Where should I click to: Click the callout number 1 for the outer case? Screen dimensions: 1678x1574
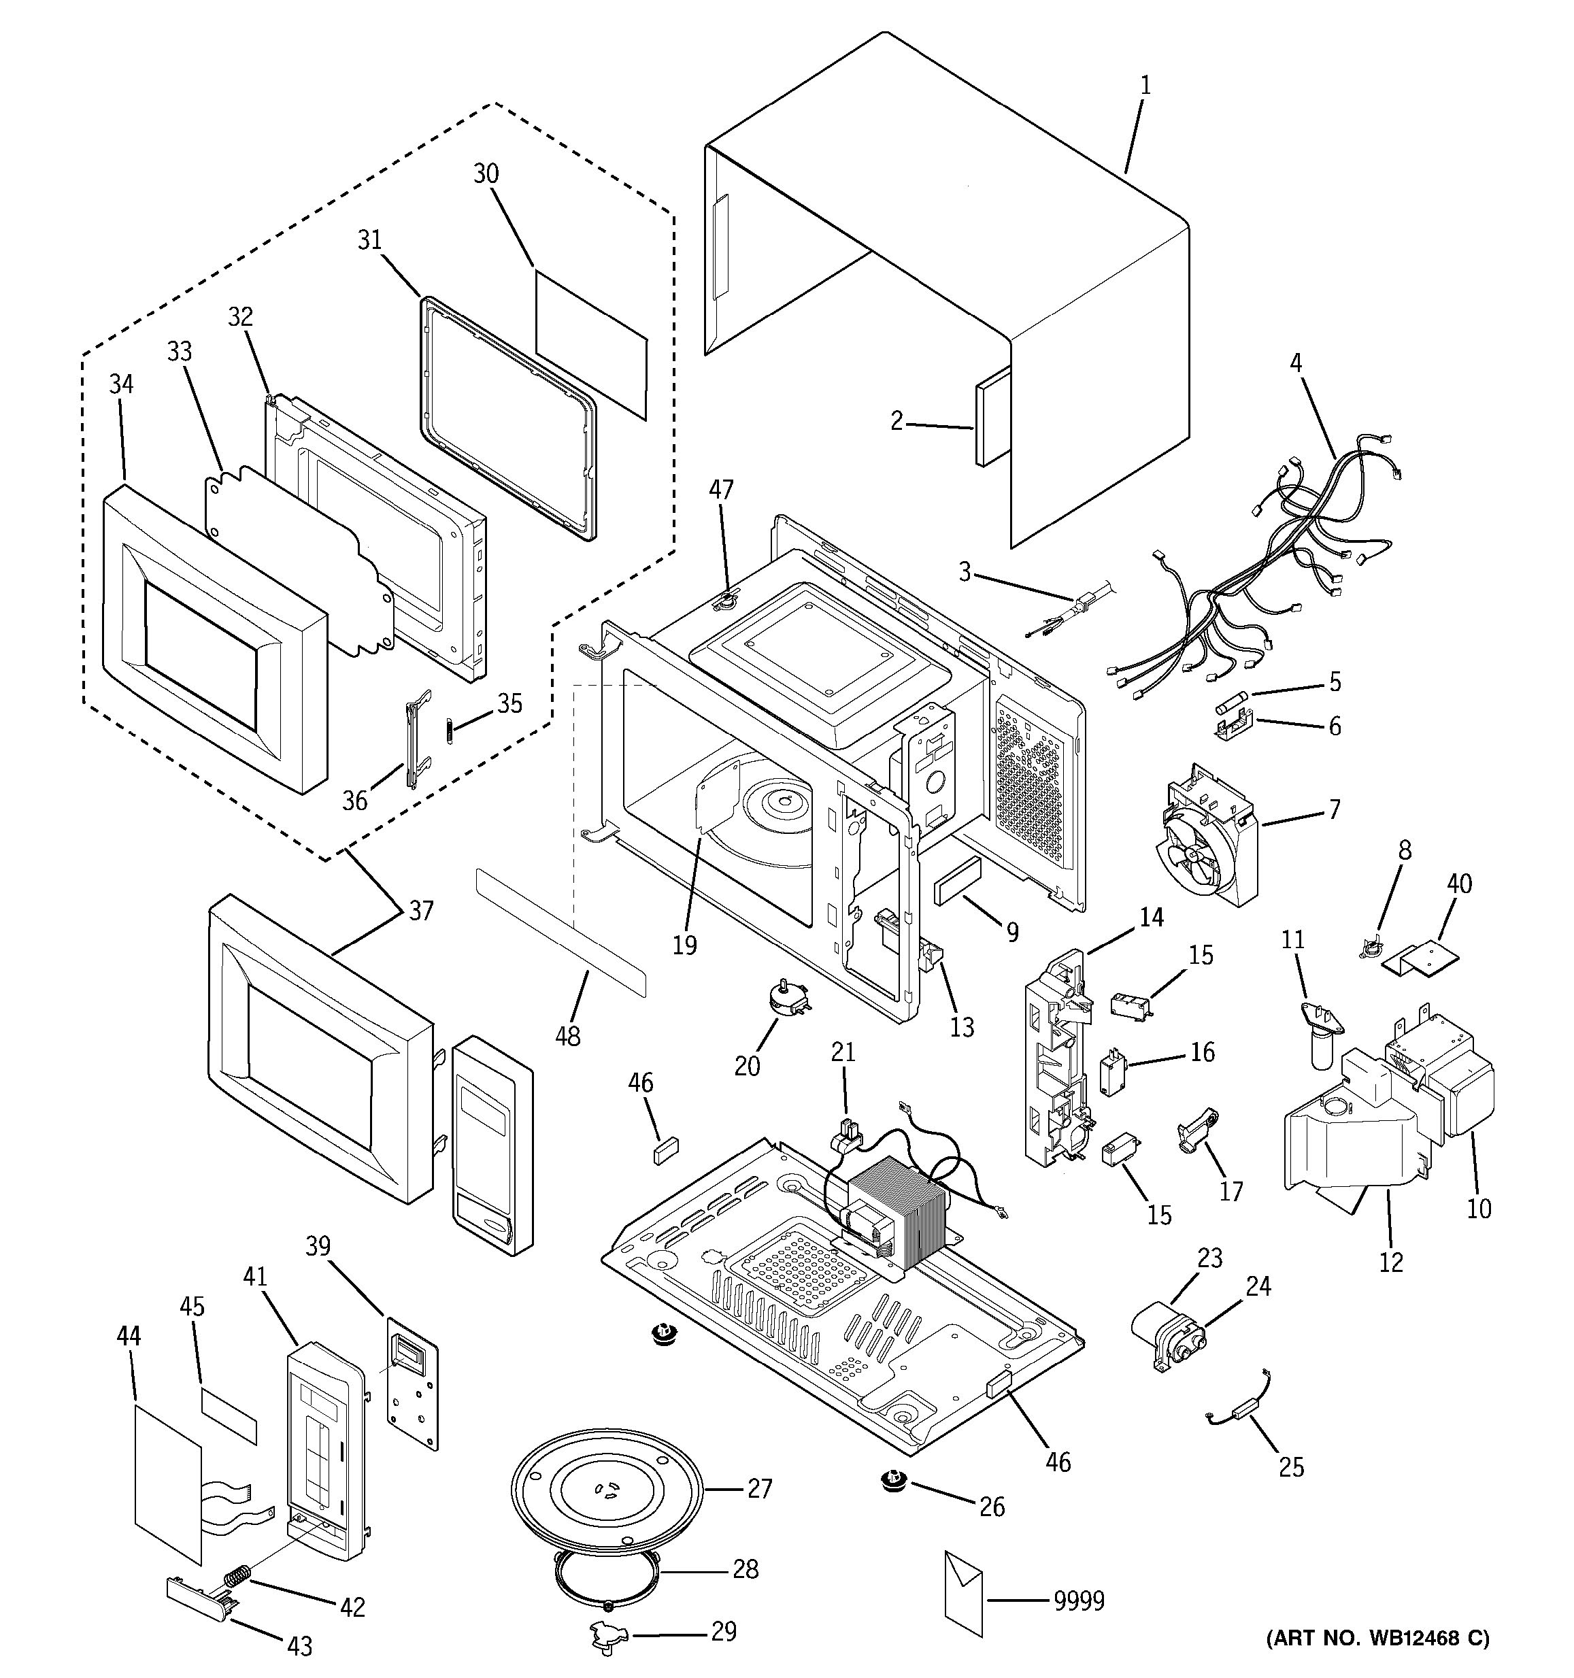click(x=1145, y=85)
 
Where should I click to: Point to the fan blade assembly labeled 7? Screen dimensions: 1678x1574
click(x=1196, y=852)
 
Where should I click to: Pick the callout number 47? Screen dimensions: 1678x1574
click(x=722, y=489)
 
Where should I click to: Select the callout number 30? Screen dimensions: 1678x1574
click(x=486, y=174)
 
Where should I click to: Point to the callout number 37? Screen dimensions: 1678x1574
click(x=421, y=911)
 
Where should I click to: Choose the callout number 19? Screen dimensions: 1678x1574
click(x=684, y=945)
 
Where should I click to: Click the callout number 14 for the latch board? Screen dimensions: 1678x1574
click(x=1151, y=918)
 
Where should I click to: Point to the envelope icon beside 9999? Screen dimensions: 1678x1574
click(x=963, y=1593)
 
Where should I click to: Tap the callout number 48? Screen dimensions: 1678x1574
click(x=568, y=1036)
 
